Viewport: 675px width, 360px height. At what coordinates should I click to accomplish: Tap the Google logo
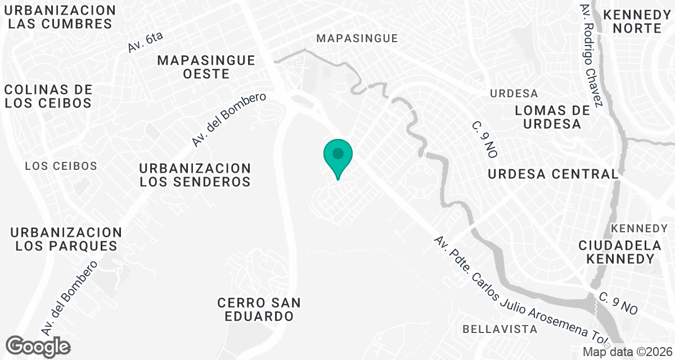[38, 346]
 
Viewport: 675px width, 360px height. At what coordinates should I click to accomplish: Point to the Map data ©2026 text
[627, 352]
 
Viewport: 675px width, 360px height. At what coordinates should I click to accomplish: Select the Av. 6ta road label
[145, 43]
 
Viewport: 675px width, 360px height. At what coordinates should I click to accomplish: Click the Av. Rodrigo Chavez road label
[592, 54]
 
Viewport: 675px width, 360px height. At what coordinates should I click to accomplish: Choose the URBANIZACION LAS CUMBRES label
[61, 17]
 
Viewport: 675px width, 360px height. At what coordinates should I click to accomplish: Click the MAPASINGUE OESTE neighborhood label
[206, 67]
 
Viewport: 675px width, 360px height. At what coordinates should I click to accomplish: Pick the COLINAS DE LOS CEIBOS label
[48, 96]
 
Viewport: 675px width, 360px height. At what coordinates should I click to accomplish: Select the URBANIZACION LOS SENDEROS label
[195, 175]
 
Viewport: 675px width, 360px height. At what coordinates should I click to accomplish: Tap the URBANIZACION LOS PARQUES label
[66, 239]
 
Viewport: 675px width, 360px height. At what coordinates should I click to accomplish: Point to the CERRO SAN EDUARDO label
[259, 309]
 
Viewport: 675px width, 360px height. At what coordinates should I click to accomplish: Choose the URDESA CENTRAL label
[553, 174]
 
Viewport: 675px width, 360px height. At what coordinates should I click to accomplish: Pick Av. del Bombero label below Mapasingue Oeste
[228, 120]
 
